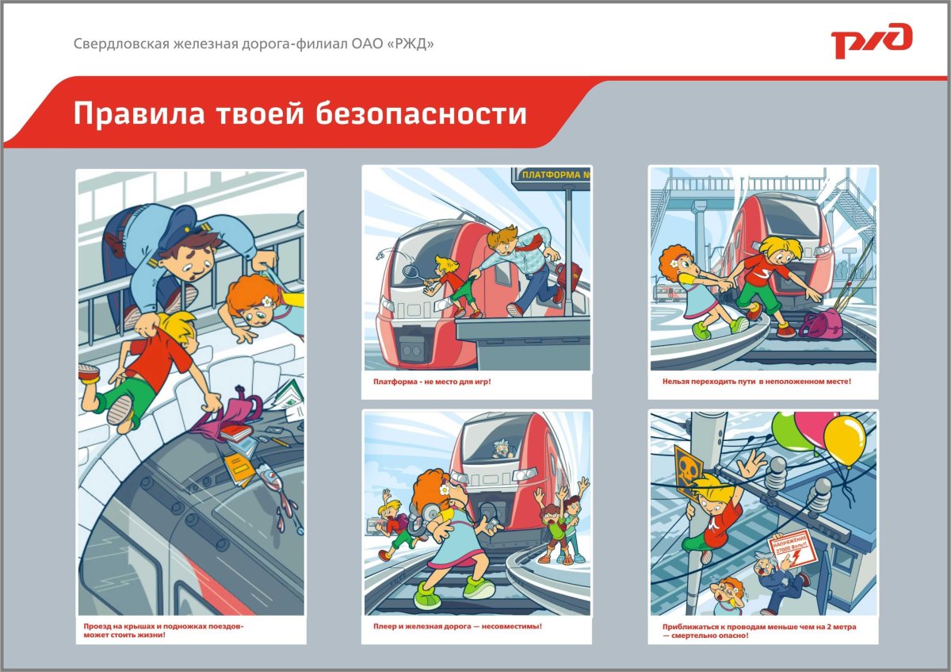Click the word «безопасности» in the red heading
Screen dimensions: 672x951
[x=421, y=113]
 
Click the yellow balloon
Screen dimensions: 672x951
[x=844, y=440]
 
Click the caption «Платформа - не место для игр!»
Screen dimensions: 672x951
[x=432, y=382]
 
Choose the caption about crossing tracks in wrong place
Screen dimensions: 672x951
[x=756, y=382]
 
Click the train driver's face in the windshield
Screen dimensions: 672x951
[x=502, y=450]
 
